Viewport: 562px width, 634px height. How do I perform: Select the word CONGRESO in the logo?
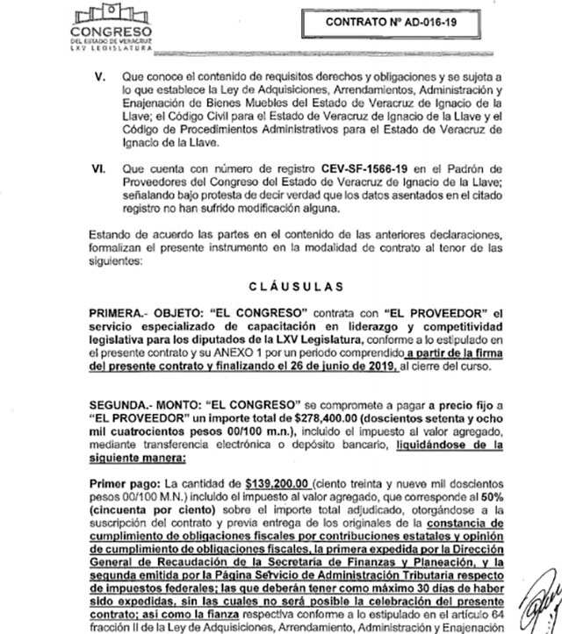coord(104,35)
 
